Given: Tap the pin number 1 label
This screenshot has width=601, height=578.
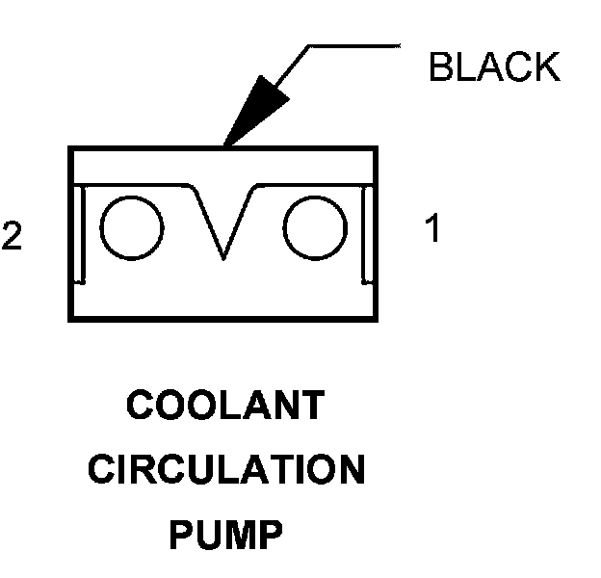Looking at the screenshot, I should (433, 230).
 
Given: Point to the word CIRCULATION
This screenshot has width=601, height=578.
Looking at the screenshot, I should (226, 471).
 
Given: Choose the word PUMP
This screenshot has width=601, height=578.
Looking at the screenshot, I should (225, 536).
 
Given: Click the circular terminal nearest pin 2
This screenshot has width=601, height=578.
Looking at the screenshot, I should (131, 229).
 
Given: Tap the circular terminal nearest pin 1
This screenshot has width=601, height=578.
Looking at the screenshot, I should (315, 229).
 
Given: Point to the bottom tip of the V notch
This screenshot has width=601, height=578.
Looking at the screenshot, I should (223, 258).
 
